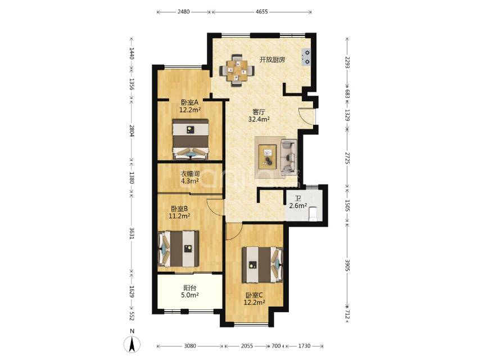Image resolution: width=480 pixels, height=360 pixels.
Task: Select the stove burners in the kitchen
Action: tap(306, 57)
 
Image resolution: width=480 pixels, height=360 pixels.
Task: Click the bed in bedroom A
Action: tap(191, 139)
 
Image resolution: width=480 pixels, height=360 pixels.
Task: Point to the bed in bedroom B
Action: tap(178, 249)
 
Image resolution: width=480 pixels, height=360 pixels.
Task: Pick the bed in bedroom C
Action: tap(262, 265)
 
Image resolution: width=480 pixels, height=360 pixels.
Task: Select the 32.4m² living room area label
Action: tap(259, 119)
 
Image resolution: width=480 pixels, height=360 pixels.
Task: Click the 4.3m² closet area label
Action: tap(190, 181)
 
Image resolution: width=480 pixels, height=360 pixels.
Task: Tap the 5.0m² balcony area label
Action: tap(190, 295)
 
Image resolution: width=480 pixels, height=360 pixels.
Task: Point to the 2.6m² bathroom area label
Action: tap(298, 206)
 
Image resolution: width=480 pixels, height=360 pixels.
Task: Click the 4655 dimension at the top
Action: tap(261, 12)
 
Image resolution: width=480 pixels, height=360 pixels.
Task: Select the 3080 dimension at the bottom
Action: tap(190, 346)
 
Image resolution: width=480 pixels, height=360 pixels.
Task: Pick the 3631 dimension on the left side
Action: tap(132, 233)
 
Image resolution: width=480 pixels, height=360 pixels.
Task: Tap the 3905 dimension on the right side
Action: tap(347, 265)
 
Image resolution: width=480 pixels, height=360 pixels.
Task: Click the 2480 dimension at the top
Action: tap(183, 12)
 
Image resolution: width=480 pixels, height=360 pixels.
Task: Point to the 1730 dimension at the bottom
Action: tap(304, 346)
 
